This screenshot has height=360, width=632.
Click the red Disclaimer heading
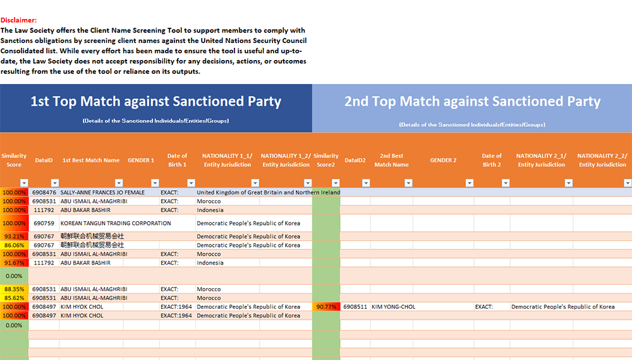pos(19,20)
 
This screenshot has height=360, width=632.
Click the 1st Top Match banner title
pos(156,101)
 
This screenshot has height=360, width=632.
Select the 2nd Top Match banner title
pos(472,101)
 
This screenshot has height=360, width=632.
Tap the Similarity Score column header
pos(14,160)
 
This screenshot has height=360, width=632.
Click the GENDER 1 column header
pos(141,160)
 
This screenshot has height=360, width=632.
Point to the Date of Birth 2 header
pos(492,160)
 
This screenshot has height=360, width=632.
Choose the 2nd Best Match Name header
pos(392,160)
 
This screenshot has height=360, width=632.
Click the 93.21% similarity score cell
pos(14,236)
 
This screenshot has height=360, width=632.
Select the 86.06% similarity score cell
pos(14,245)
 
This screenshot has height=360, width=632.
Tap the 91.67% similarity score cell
pos(14,263)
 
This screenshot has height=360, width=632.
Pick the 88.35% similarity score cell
pos(14,289)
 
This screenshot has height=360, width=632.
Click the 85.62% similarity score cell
pos(14,298)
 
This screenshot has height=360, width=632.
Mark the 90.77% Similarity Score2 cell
pos(326,307)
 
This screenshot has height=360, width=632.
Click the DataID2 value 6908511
pos(355,307)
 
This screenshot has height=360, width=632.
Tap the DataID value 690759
pos(44,223)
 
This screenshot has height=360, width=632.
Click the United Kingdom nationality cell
pos(268,192)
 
